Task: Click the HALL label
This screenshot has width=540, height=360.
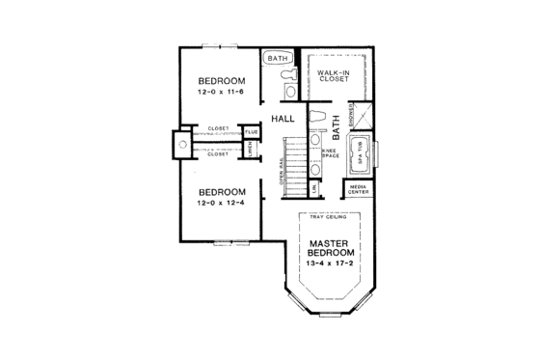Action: [x=282, y=119]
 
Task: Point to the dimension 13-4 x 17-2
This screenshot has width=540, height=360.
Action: [x=328, y=263]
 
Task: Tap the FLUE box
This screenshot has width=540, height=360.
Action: [x=251, y=131]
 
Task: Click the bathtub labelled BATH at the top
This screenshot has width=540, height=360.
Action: [x=280, y=58]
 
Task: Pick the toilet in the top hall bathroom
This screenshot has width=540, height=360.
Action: [x=290, y=91]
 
